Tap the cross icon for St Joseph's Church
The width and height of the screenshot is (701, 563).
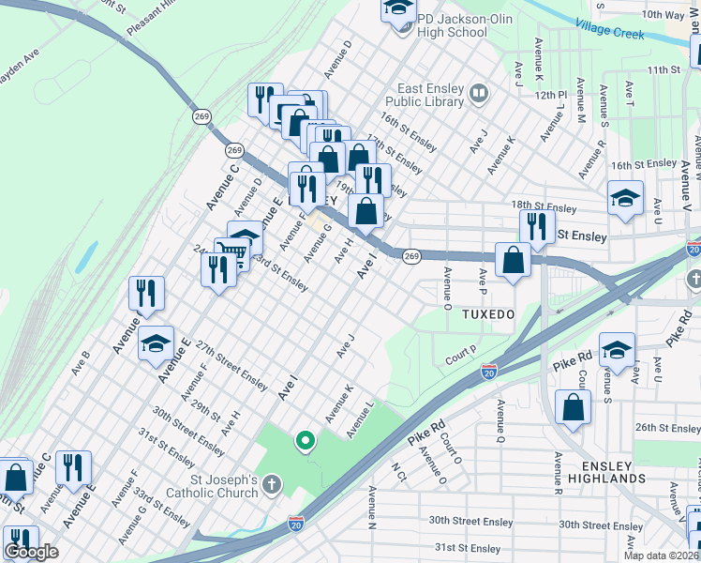(x=271, y=485)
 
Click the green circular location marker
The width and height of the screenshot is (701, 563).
(x=305, y=439)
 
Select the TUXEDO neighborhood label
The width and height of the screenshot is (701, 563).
(x=487, y=314)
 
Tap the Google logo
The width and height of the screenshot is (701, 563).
(x=32, y=552)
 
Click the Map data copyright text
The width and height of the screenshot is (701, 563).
(x=661, y=555)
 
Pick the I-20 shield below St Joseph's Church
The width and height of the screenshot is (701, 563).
(x=296, y=521)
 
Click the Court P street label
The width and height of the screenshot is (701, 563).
(x=461, y=355)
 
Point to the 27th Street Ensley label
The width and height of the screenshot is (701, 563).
(x=231, y=366)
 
